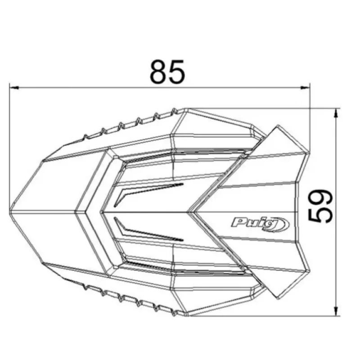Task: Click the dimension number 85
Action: (167, 72)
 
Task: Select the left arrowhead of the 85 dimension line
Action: (14, 87)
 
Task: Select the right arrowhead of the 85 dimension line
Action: (305, 87)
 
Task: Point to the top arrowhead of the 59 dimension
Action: (336, 113)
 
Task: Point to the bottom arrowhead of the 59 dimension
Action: (336, 311)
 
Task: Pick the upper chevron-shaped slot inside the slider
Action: (149, 193)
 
